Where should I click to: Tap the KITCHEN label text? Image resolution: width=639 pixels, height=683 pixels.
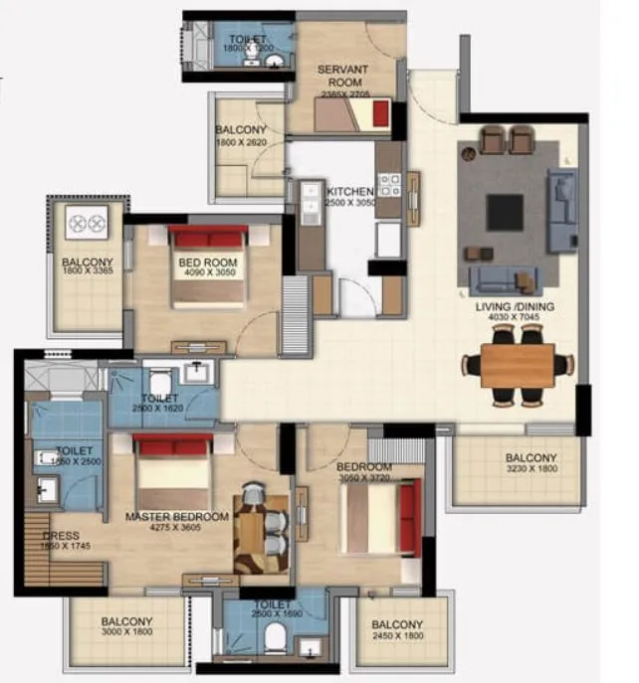[349, 192]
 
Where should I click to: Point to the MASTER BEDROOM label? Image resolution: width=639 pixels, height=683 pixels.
[177, 517]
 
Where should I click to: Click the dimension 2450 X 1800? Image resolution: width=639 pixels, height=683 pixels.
[397, 637]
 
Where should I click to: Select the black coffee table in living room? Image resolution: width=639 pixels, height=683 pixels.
[505, 211]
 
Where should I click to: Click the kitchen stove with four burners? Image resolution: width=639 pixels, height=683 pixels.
[388, 184]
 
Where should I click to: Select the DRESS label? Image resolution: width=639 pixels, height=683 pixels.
[62, 536]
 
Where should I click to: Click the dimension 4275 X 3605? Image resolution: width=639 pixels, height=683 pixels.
[176, 529]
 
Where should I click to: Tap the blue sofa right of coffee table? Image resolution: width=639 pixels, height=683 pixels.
[562, 210]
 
